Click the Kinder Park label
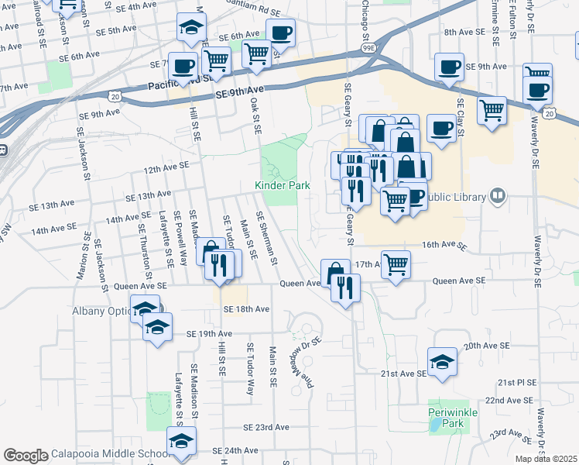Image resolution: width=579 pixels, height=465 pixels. point(283,185)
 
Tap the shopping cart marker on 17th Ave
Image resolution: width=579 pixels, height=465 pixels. point(396,265)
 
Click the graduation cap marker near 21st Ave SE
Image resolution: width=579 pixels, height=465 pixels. point(442,362)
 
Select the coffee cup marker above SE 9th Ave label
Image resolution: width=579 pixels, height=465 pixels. point(448,67)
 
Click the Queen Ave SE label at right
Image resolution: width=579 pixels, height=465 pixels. point(459,281)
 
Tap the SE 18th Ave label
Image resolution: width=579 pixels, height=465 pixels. point(246,309)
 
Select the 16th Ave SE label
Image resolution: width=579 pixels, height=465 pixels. point(444,245)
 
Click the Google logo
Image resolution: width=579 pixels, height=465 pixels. point(26,455)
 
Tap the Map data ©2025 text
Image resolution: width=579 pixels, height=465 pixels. point(546,459)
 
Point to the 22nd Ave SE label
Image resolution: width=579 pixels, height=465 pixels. point(508,400)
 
